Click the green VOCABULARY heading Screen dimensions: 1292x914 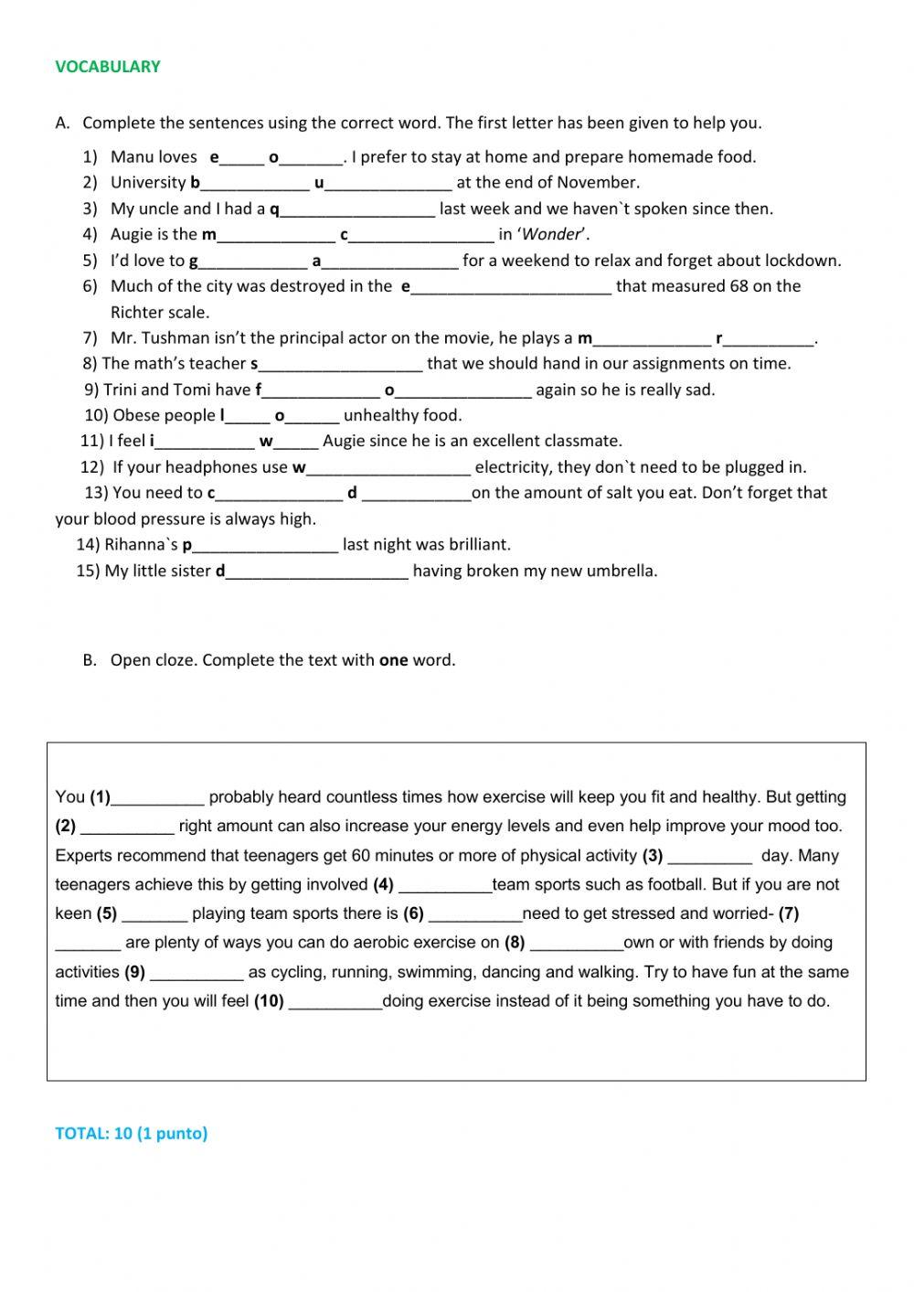pyautogui.click(x=107, y=66)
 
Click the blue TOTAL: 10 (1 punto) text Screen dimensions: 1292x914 pyautogui.click(x=131, y=1133)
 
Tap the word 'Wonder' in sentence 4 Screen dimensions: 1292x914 pyautogui.click(x=551, y=234)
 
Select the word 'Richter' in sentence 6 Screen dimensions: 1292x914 pyautogui.click(x=137, y=312)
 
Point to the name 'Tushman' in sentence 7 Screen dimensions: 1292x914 pyautogui.click(x=174, y=338)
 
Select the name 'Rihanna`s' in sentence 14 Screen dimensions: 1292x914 pyautogui.click(x=141, y=545)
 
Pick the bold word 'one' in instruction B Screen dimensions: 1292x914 pyautogui.click(x=393, y=660)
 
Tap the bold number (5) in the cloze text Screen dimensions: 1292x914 pyautogui.click(x=106, y=913)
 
